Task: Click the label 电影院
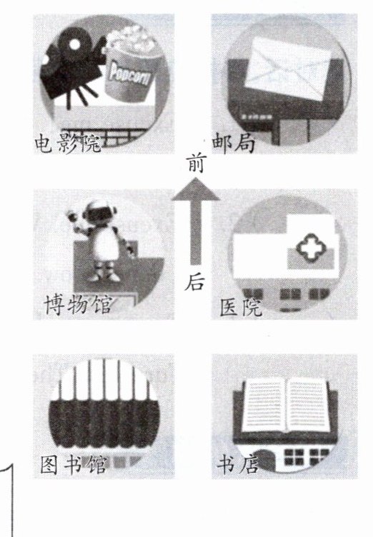point(68,144)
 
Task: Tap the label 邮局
point(234,143)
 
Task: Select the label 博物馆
point(78,304)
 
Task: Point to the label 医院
point(241,307)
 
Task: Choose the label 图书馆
point(74,464)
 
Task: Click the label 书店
point(238,465)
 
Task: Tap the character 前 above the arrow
point(196,163)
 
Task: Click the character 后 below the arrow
point(195,282)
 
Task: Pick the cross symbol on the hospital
point(311,246)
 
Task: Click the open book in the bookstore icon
point(287,405)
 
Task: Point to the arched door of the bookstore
point(264,460)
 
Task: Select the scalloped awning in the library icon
point(104,424)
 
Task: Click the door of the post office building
point(293,132)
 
